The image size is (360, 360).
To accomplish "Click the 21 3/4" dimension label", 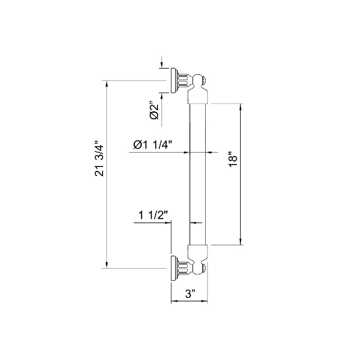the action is (x=99, y=158).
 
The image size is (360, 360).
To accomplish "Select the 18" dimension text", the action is (x=233, y=159).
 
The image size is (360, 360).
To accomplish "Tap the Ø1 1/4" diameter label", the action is (x=153, y=144).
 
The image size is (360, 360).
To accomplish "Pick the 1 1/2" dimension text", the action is (x=153, y=215).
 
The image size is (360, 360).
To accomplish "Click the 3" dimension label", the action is (x=190, y=294).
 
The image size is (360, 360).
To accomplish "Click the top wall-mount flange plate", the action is (x=174, y=81).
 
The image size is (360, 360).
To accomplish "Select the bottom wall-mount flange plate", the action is (x=174, y=268).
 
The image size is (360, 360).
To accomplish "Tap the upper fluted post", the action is (x=184, y=81).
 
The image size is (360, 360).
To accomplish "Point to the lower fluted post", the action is (x=184, y=268).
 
